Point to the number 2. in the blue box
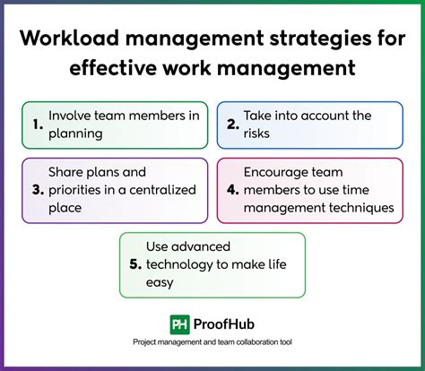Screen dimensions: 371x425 230,125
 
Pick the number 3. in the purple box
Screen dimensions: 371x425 38,190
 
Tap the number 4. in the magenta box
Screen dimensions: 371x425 230,190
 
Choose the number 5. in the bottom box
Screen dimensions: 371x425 135,264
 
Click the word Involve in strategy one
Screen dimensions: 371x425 71,116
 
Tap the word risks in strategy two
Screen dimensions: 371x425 258,134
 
